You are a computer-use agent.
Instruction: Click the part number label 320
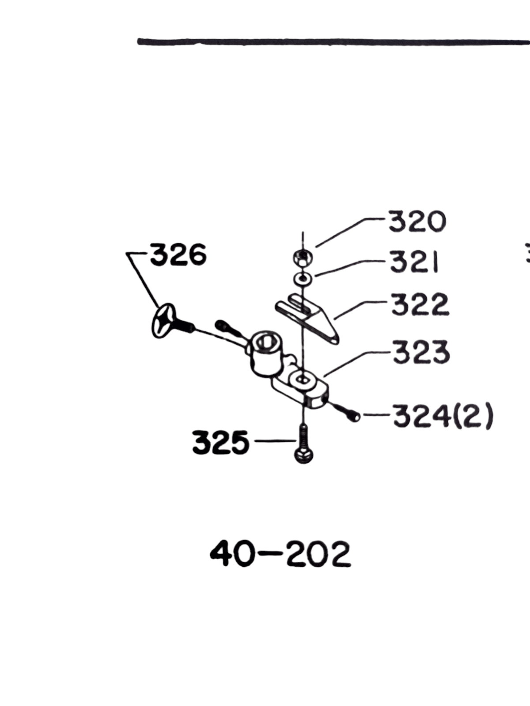417,222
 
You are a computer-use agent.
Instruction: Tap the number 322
420,304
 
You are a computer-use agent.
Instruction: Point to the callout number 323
421,353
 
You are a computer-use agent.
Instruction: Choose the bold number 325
221,443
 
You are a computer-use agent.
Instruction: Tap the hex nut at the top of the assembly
303,257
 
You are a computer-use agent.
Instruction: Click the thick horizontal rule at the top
333,42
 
